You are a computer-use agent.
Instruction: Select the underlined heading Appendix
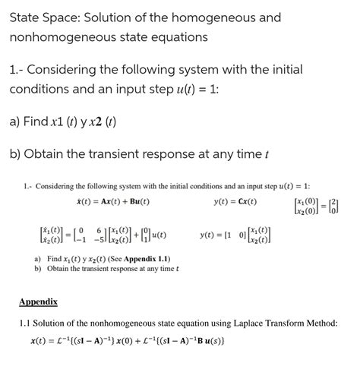pos(38,301)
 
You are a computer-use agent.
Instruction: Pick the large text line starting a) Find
pos(62,121)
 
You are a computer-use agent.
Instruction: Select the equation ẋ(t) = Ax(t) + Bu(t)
pos(107,202)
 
